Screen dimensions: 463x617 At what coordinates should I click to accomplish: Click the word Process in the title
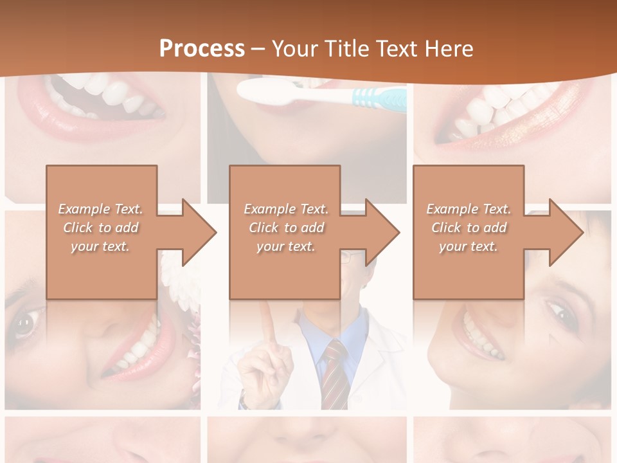[202, 48]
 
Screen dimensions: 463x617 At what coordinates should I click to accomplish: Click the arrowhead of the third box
[568, 232]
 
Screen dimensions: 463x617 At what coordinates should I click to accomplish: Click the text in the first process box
[101, 228]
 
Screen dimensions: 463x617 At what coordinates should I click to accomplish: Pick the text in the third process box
[469, 228]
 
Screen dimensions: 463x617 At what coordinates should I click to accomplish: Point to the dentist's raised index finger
[265, 322]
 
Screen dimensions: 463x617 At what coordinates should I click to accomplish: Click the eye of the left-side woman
[24, 325]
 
